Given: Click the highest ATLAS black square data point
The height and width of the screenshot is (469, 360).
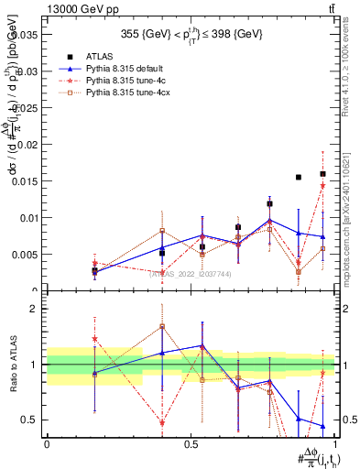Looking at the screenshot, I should point(322,174).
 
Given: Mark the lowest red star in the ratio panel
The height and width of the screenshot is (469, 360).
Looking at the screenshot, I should point(162,422).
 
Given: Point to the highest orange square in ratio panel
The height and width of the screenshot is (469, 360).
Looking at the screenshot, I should point(162,326).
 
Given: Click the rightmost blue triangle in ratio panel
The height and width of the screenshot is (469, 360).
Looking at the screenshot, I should point(322,426).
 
